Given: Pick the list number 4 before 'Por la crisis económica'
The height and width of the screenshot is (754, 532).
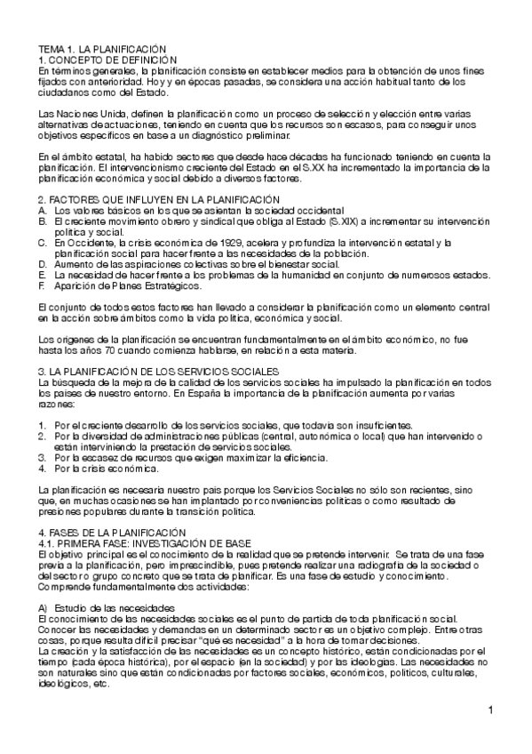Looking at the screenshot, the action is coord(41,468).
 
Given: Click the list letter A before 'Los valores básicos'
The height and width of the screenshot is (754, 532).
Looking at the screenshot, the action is coord(41,210).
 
